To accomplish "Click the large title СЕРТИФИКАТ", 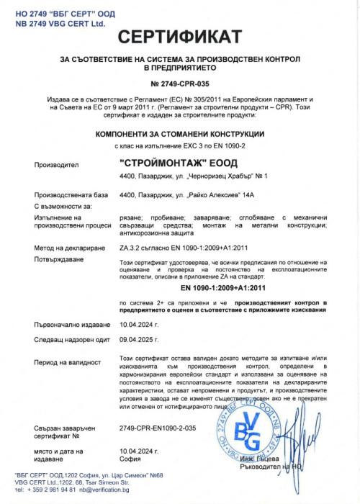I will pos(180,37).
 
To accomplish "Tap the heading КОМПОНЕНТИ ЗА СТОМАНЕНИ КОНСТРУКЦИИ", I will pos(180,135).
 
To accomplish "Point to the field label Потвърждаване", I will pos(60,257).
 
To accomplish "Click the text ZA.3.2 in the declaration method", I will pos(130,247).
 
